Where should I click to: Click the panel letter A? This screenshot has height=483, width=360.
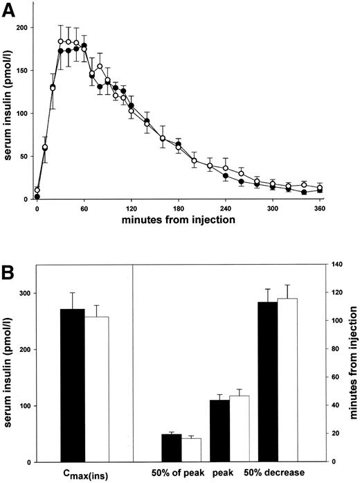(10, 9)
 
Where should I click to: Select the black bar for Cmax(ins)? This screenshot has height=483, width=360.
(73, 385)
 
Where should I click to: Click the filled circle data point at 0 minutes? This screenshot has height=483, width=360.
(37, 197)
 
